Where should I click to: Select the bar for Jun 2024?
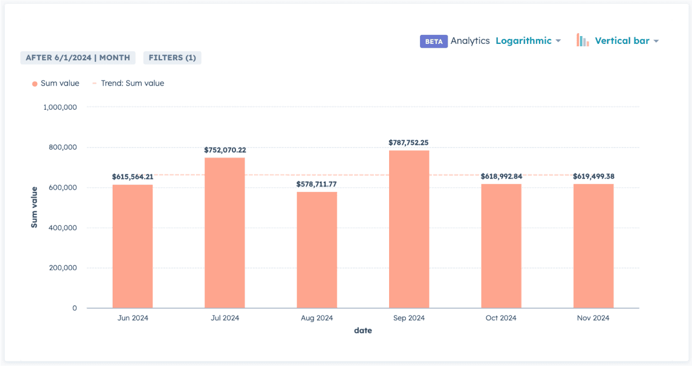[132, 246]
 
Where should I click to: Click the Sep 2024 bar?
[409, 229]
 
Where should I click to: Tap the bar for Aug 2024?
[317, 250]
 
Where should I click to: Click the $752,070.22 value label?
[225, 150]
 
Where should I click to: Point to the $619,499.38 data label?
[593, 176]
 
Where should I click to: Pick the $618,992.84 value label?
[501, 176]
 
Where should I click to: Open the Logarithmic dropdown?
[528, 41]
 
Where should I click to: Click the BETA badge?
[433, 41]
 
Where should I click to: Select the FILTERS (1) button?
[172, 57]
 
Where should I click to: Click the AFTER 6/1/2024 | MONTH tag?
[78, 57]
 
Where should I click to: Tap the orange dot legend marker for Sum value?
[35, 83]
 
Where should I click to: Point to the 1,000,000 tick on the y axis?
[60, 107]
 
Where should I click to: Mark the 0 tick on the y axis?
[74, 308]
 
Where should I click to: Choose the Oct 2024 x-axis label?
[501, 318]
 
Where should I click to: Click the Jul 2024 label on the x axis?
[225, 318]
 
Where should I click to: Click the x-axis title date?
[363, 331]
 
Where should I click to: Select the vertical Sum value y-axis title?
[34, 207]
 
